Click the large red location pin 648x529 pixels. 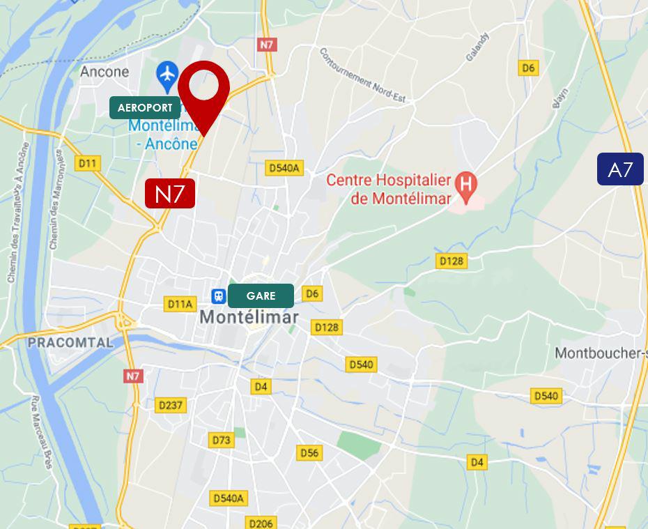(x=203, y=89)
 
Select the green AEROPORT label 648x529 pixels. (x=145, y=108)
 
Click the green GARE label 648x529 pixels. (x=261, y=296)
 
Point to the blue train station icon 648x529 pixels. (x=219, y=296)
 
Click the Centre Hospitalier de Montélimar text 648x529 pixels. (x=389, y=188)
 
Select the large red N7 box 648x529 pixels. (x=169, y=193)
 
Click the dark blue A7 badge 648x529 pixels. (x=619, y=169)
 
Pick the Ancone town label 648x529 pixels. (x=105, y=72)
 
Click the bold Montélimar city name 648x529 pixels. (x=249, y=317)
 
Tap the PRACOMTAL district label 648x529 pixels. (x=70, y=342)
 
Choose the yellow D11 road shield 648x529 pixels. (x=88, y=163)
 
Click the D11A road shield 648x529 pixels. (x=180, y=304)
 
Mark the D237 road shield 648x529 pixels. (x=170, y=405)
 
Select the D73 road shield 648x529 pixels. (x=221, y=440)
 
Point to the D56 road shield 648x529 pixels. (x=309, y=453)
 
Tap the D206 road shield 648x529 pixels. (x=261, y=522)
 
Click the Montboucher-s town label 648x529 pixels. (x=601, y=353)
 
